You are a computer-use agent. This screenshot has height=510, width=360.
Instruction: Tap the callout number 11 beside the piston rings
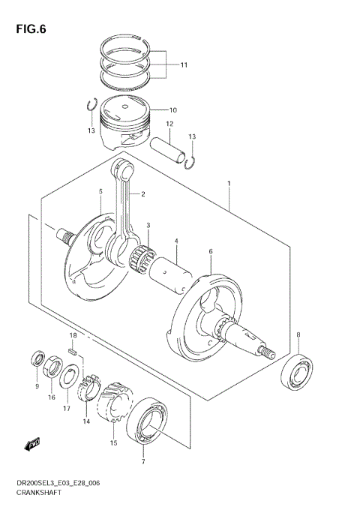click(x=184, y=65)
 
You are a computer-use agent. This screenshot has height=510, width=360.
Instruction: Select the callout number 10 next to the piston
click(x=172, y=109)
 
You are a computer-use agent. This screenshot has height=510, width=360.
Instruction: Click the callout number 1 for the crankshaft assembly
click(x=229, y=183)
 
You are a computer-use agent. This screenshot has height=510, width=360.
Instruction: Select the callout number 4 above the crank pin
click(x=176, y=241)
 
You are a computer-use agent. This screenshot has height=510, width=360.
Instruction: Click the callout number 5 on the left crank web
click(x=100, y=192)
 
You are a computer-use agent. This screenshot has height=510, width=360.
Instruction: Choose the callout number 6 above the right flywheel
click(x=211, y=252)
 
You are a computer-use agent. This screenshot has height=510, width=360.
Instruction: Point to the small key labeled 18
click(x=73, y=349)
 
